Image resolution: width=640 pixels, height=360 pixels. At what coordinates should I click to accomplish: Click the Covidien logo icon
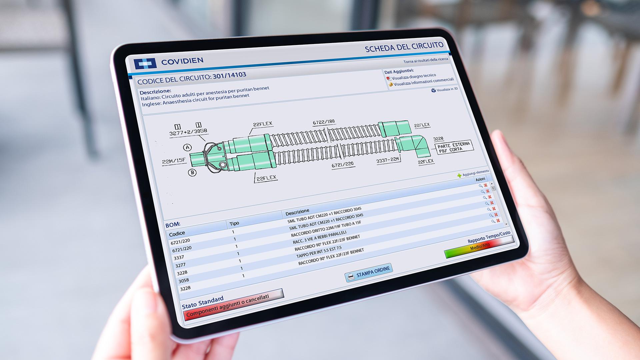[x=145, y=63]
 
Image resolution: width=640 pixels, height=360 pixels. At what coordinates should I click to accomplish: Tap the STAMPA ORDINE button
[x=369, y=272]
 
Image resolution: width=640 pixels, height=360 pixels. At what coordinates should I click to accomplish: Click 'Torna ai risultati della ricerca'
[x=426, y=60]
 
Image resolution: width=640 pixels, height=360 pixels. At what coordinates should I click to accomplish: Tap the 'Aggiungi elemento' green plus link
[x=473, y=173]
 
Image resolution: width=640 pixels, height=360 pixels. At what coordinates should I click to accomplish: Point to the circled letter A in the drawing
[x=188, y=147]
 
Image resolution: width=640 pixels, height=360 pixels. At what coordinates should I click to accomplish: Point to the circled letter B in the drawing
[x=192, y=172]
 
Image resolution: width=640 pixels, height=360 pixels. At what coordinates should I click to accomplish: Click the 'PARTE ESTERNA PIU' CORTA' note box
[x=454, y=147]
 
